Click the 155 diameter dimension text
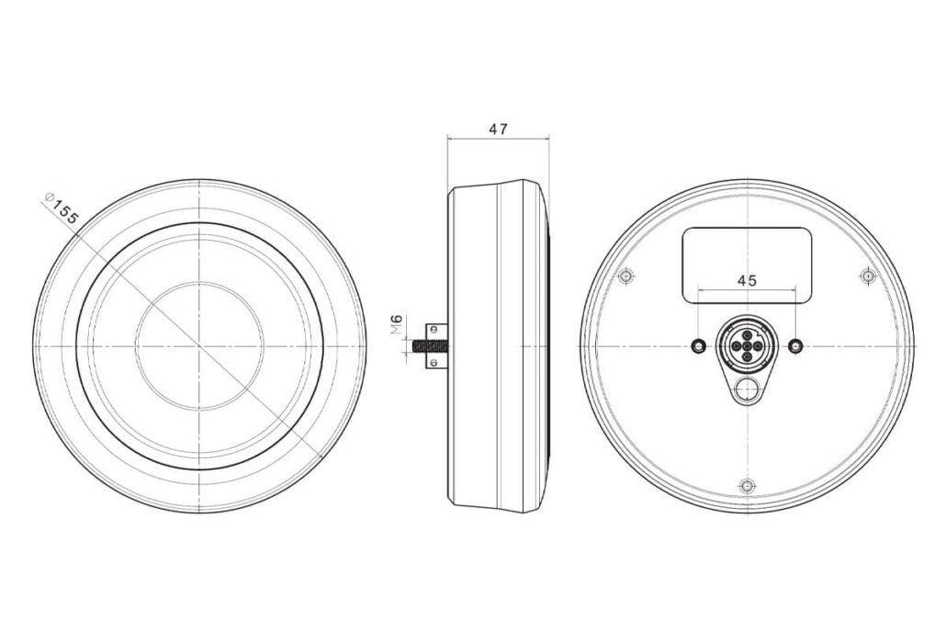[x=65, y=211]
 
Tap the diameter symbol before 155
[x=51, y=197]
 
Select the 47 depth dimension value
[x=499, y=129]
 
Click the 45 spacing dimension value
[x=747, y=280]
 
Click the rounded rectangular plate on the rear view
[x=747, y=265]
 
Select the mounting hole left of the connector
[x=699, y=345]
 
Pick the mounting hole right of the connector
[x=796, y=345]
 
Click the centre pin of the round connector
[x=747, y=345]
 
